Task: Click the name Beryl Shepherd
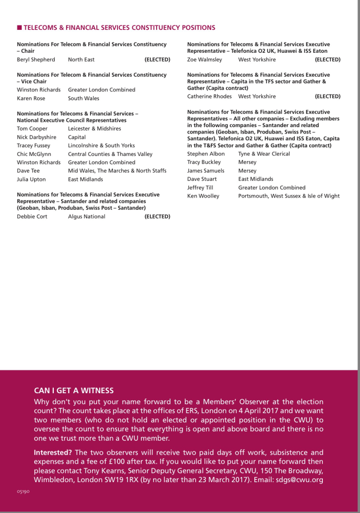pyautogui.click(x=36, y=60)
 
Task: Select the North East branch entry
pyautogui.click(x=81, y=60)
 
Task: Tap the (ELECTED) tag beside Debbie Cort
pyautogui.click(x=157, y=217)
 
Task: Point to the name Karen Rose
pyautogui.click(x=31, y=98)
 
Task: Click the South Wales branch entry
pyautogui.click(x=83, y=98)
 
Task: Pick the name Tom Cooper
pyautogui.click(x=32, y=129)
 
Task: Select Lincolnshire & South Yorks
pyautogui.click(x=102, y=146)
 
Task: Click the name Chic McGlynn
pyautogui.click(x=34, y=154)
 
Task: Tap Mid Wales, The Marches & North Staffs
pyautogui.click(x=117, y=171)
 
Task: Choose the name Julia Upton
pyautogui.click(x=31, y=179)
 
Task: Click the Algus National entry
pyautogui.click(x=87, y=217)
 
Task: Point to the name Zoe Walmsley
pyautogui.click(x=204, y=60)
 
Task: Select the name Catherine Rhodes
pyautogui.click(x=209, y=96)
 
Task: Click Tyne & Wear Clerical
pyautogui.click(x=264, y=154)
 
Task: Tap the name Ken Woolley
pyautogui.click(x=203, y=196)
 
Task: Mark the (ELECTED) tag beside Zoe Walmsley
pyautogui.click(x=327, y=60)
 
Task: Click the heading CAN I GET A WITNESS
pyautogui.click(x=73, y=391)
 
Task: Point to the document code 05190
pyautogui.click(x=22, y=491)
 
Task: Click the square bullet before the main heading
pyautogui.click(x=19, y=28)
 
